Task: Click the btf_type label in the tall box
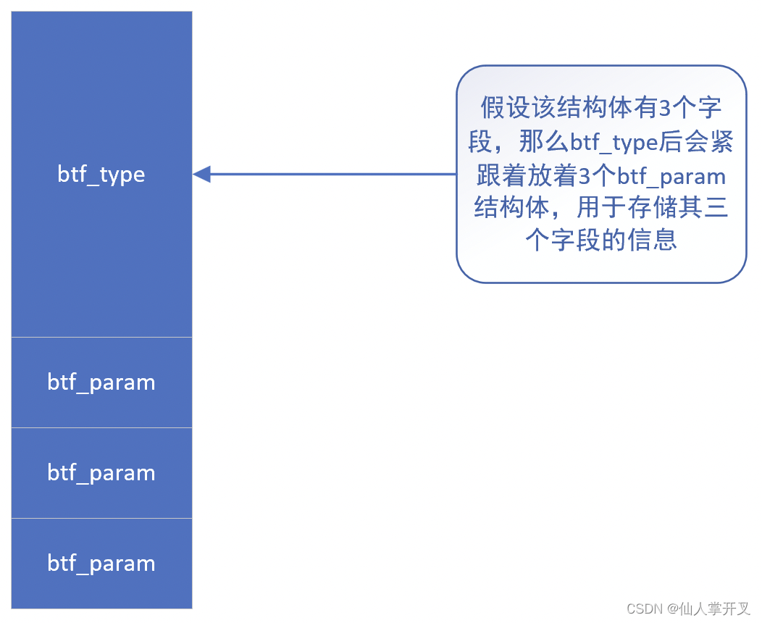coord(101,175)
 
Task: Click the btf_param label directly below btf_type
coord(101,382)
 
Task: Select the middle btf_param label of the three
coord(101,473)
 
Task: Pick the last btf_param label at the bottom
coord(101,564)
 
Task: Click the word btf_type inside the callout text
coord(614,143)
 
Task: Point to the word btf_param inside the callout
coord(671,176)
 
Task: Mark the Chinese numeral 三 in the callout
coord(716,209)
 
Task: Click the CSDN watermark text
coord(645,609)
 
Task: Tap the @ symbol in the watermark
coord(673,609)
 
